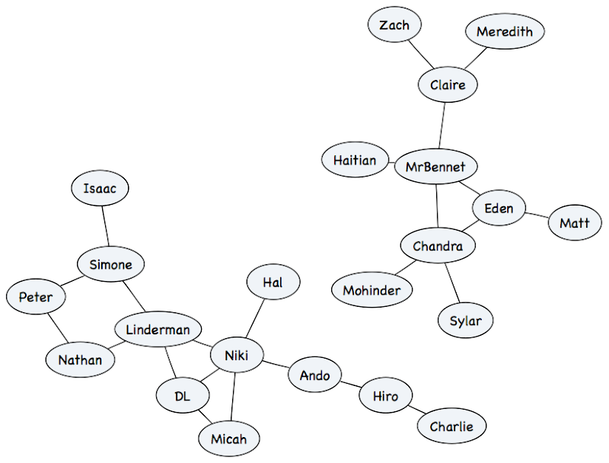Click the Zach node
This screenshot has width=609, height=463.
[x=394, y=25]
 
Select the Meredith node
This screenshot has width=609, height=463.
[x=504, y=31]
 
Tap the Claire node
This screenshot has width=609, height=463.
[x=448, y=85]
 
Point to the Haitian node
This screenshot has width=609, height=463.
[x=355, y=161]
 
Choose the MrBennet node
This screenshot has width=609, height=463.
[x=435, y=166]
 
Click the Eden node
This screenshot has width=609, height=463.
[x=499, y=208]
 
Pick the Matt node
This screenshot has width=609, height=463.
[x=575, y=223]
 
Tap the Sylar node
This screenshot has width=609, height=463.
[x=466, y=321]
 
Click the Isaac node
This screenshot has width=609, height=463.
[x=100, y=188]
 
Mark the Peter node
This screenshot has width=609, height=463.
[x=36, y=297]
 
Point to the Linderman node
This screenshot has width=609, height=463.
[x=158, y=330]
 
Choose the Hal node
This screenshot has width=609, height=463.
[x=273, y=283]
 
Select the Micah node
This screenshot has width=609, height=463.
[x=228, y=439]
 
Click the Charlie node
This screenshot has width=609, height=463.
[x=451, y=426]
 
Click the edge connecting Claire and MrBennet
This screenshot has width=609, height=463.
[x=442, y=124]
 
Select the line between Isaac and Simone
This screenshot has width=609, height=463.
[x=105, y=227]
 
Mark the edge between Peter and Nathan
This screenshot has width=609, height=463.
[x=56, y=328]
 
